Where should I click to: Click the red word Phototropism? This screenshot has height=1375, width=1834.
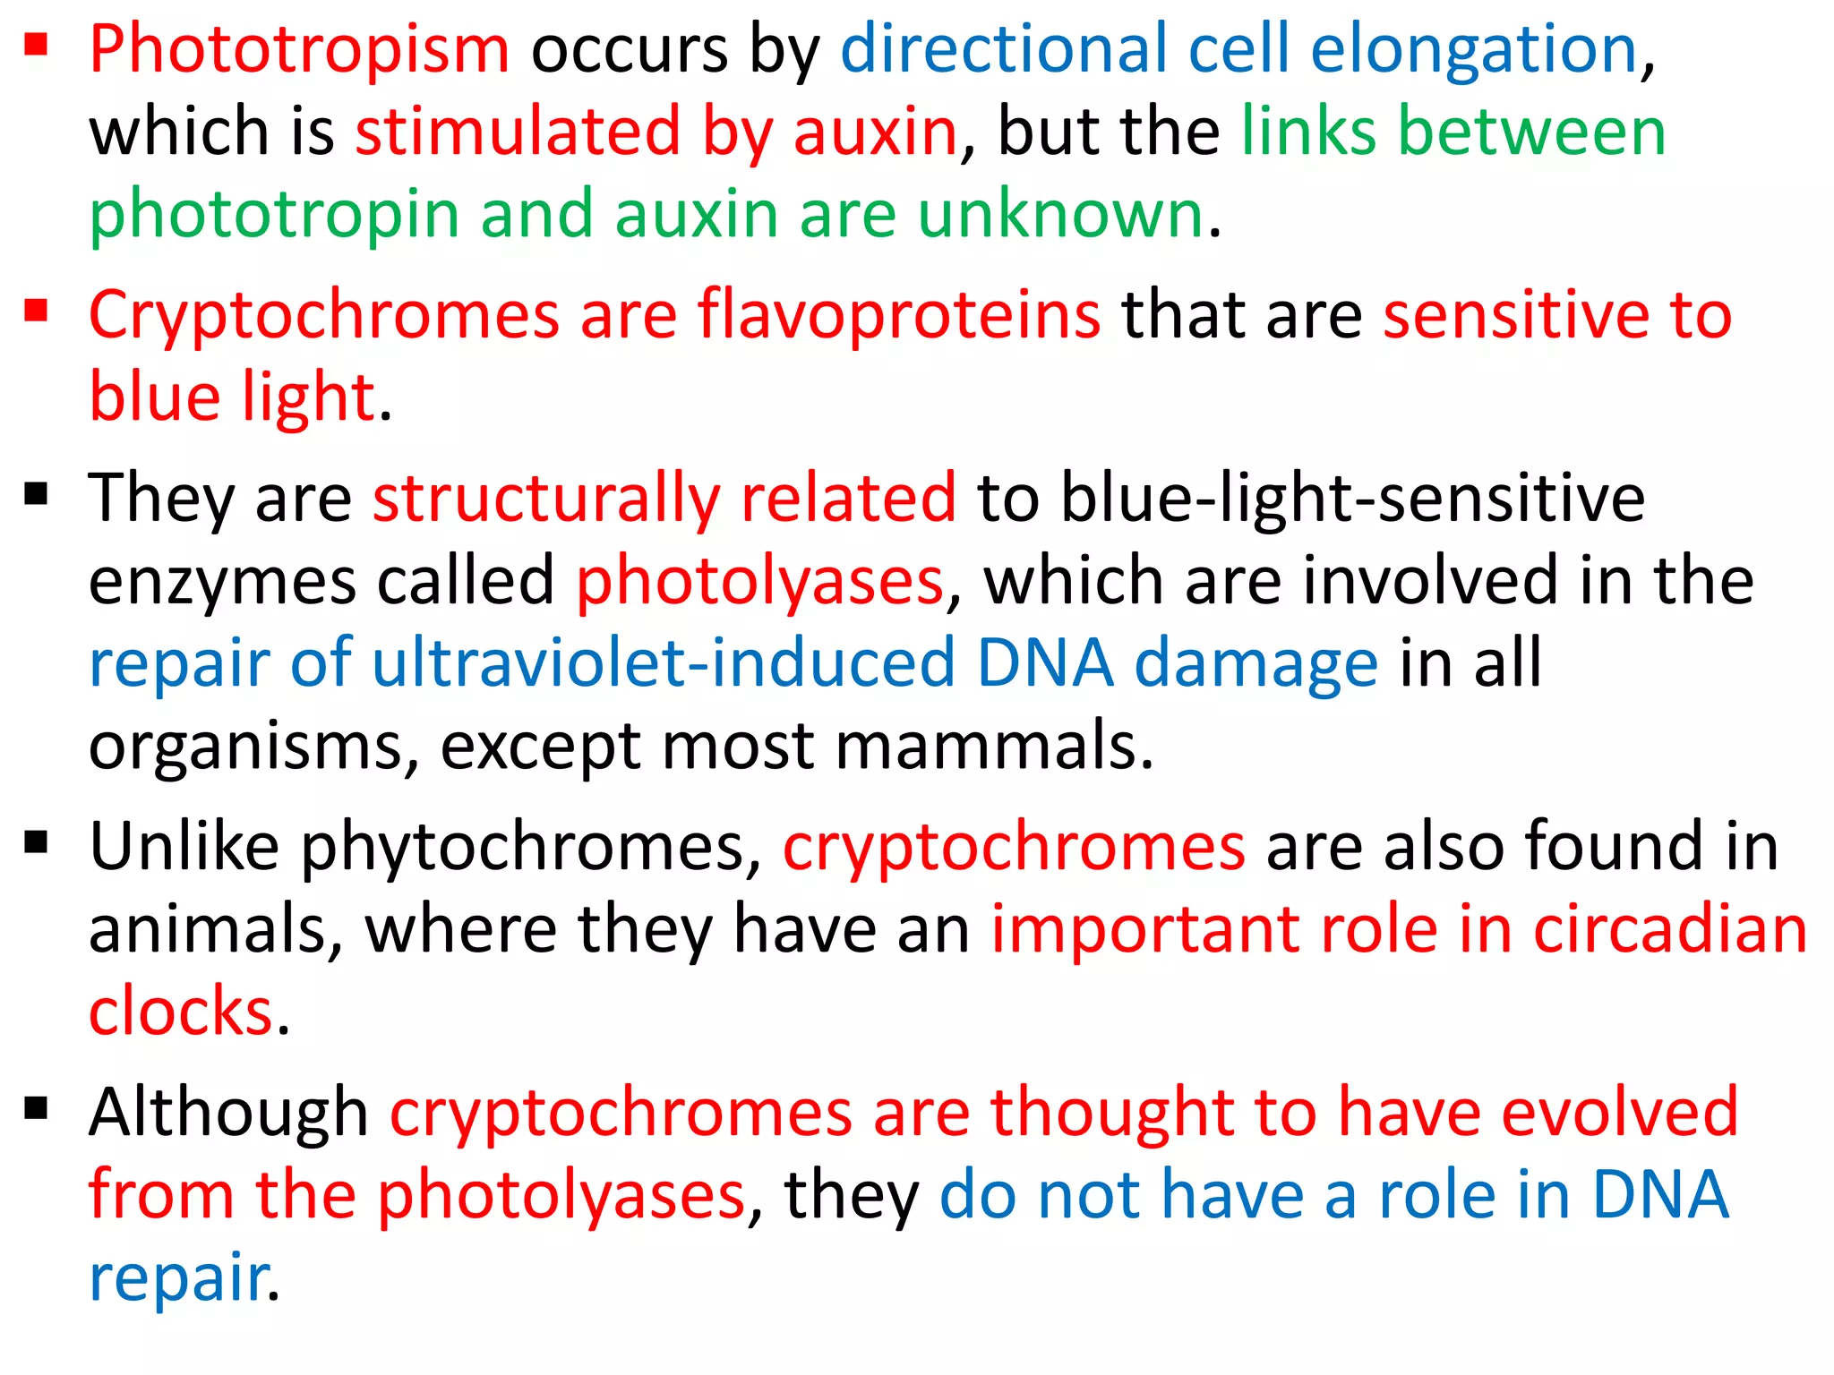(299, 50)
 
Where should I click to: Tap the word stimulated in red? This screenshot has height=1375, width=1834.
(518, 132)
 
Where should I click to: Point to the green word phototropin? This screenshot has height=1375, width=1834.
(274, 216)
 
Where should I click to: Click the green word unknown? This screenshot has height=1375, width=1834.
(1060, 214)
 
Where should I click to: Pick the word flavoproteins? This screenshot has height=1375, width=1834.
(899, 314)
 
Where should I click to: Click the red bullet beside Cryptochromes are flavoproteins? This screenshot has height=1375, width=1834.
(36, 311)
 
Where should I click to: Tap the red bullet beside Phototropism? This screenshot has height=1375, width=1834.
(36, 44)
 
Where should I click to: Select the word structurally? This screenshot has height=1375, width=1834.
(546, 499)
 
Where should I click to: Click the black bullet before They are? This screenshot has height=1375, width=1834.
(36, 493)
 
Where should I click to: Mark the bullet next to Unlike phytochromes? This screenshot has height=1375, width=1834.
(36, 842)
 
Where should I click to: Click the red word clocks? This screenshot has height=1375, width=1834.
(180, 1012)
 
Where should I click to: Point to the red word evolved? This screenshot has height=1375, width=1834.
(1619, 1111)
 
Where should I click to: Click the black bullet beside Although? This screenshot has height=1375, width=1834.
(36, 1109)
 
